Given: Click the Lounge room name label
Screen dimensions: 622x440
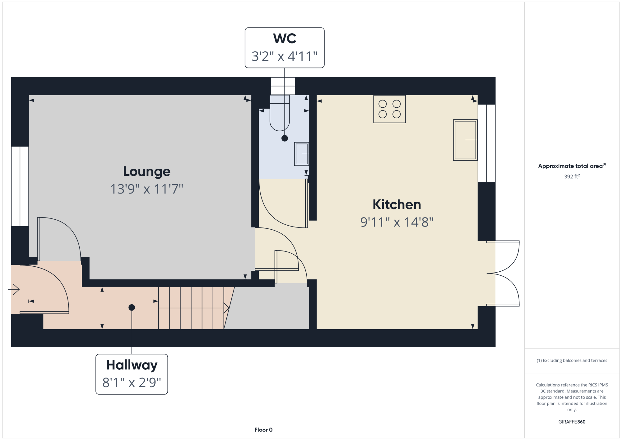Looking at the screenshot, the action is click(x=147, y=171).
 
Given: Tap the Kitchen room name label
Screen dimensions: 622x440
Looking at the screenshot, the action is click(x=397, y=204).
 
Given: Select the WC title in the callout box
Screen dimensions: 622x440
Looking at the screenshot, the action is click(x=285, y=39).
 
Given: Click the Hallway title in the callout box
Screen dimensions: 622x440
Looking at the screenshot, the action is click(x=132, y=365).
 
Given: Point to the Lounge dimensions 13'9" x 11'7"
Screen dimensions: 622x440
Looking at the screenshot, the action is click(x=147, y=189).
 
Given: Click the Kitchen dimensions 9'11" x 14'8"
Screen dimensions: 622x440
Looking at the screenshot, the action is click(x=397, y=222).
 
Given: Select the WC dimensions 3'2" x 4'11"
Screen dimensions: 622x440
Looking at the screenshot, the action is click(x=285, y=56).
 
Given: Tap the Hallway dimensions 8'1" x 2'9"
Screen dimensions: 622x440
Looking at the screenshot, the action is click(x=132, y=383).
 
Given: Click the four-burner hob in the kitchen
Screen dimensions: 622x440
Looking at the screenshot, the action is click(x=390, y=109).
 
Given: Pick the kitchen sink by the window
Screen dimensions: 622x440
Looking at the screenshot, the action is click(x=465, y=140).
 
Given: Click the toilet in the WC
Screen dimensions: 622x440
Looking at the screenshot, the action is click(x=280, y=113).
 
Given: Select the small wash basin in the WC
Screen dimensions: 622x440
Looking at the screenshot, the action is click(x=302, y=154).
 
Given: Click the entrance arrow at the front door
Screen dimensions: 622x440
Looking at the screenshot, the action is click(x=14, y=289).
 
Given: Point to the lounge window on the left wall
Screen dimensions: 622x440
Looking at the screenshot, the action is click(x=20, y=186).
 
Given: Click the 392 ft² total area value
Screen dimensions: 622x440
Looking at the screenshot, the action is click(x=572, y=176).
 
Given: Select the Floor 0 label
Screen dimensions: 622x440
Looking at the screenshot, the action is click(x=263, y=430).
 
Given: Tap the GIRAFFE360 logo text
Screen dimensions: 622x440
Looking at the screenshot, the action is click(x=572, y=422).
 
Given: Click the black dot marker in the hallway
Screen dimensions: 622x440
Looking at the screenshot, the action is click(x=132, y=307).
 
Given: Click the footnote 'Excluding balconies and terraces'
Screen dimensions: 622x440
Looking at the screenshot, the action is click(x=572, y=360).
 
